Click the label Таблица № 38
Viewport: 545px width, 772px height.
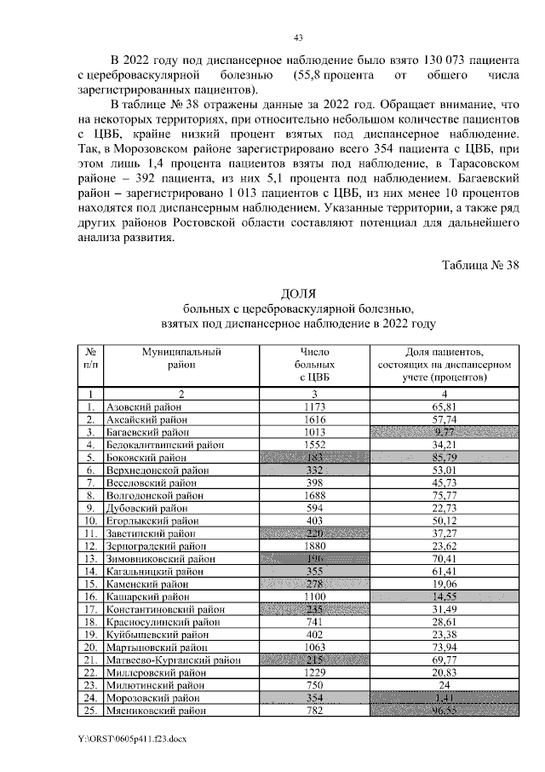479,264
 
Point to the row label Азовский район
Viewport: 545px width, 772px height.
142,408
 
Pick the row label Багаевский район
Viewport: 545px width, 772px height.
146,432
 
